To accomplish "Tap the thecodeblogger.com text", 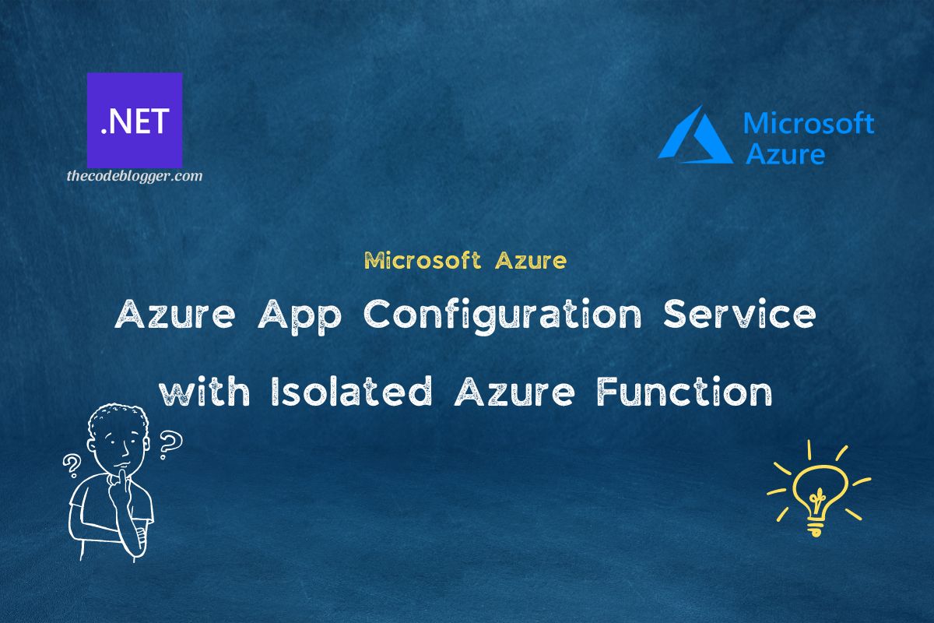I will [135, 176].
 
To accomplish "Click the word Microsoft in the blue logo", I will [809, 123].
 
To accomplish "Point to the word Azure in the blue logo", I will [785, 153].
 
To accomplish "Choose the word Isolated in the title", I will [349, 392].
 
